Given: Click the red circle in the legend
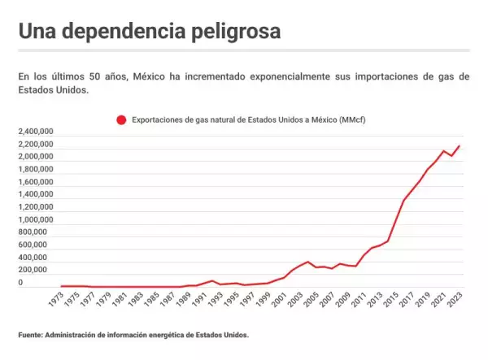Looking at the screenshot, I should coord(121,119).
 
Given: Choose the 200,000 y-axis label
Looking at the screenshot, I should coord(38,270).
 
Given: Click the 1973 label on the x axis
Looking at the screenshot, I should coord(55,301).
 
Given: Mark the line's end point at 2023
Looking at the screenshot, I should coord(460,146).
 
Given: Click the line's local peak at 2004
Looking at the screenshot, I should coord(308,262).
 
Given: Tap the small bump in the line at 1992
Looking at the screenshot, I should coord(212,281).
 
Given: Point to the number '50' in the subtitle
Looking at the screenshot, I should coord(107,76).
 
